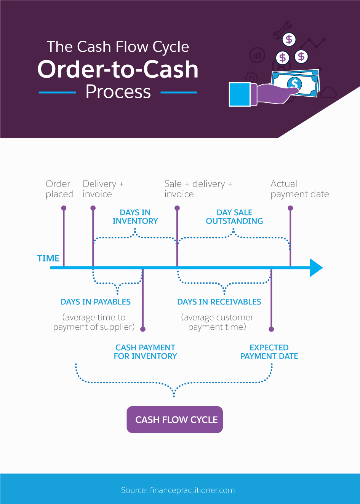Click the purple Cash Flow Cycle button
click(x=175, y=419)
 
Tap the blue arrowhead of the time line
click(x=316, y=268)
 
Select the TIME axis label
click(x=48, y=258)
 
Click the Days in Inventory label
click(x=135, y=217)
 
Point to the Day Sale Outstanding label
click(x=234, y=217)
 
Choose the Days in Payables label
click(x=96, y=302)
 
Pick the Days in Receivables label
click(x=219, y=302)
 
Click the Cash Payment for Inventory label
click(x=145, y=352)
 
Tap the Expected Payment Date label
click(x=269, y=352)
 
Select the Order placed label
click(x=60, y=189)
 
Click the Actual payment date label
click(x=300, y=189)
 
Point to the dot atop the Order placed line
click(x=64, y=208)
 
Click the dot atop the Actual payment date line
click(x=290, y=208)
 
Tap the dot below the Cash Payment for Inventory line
click(x=143, y=329)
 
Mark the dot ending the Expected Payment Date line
click(x=271, y=329)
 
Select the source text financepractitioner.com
click(x=192, y=490)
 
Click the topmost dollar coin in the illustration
click(x=289, y=40)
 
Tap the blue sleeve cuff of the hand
click(x=240, y=94)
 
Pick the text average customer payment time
click(x=217, y=322)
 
